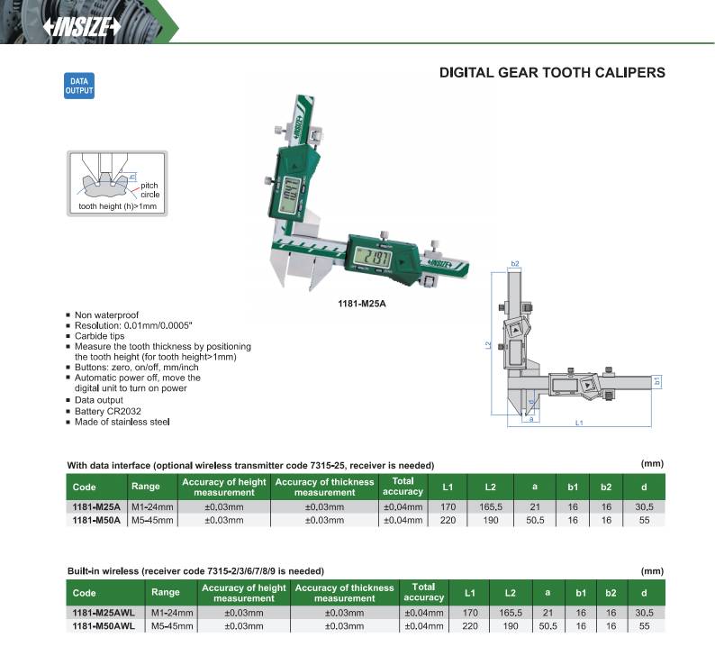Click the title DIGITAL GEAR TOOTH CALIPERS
click(x=551, y=71)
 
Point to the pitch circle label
click(x=149, y=189)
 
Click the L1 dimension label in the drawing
click(x=580, y=423)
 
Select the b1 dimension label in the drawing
click(x=657, y=380)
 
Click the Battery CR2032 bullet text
click(x=108, y=410)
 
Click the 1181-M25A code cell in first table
click(x=95, y=507)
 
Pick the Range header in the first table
click(x=146, y=487)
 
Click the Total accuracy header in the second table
click(x=423, y=592)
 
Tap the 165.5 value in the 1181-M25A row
click(x=491, y=507)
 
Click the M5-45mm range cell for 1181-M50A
click(x=149, y=520)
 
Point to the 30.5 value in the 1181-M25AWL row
click(x=643, y=613)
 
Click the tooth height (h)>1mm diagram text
click(x=117, y=206)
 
